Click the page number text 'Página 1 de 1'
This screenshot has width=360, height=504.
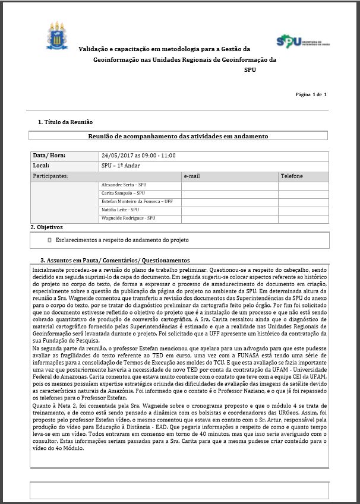311,94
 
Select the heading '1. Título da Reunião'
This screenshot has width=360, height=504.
65,122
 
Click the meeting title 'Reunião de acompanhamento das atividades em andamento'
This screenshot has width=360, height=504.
178,136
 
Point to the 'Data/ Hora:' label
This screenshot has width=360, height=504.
49,156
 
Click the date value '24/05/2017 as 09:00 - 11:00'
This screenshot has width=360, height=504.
138,156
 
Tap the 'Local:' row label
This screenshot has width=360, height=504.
42,166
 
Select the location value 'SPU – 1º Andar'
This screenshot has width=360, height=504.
124,166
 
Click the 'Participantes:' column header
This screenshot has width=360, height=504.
50,176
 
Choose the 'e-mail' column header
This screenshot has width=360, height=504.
192,176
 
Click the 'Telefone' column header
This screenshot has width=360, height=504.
292,176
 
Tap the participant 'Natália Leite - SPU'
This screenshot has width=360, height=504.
121,210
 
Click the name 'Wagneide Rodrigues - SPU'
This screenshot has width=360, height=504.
128,218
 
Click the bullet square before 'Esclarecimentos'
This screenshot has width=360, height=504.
50,240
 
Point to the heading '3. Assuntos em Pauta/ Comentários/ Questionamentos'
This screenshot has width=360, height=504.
114,260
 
